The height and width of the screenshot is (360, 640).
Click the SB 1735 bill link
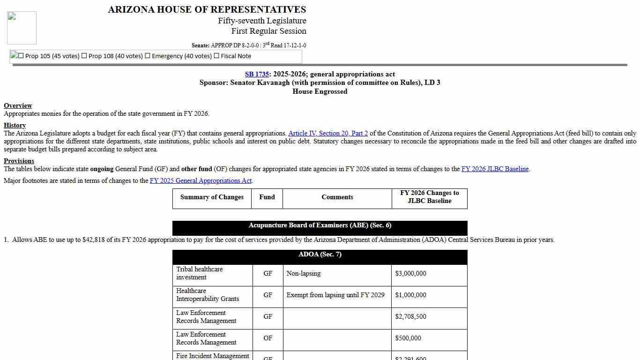(256, 74)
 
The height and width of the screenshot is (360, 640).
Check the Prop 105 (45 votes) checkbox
(21, 56)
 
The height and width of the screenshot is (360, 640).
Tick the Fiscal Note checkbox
(216, 56)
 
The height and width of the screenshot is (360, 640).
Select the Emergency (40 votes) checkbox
(148, 56)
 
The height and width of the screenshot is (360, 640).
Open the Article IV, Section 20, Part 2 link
(328, 133)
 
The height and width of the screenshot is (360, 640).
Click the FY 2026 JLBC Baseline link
(495, 169)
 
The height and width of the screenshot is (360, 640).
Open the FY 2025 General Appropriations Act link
(201, 180)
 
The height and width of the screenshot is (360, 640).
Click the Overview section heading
(18, 105)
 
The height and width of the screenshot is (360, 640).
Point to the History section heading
(15, 125)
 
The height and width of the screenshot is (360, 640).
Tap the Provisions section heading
(19, 161)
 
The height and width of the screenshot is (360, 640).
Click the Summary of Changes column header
(212, 197)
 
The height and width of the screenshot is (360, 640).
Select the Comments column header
(337, 197)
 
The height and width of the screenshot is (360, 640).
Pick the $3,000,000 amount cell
(410, 273)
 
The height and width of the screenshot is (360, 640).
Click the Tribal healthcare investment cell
(199, 273)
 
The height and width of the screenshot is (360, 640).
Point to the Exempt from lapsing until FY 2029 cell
(335, 295)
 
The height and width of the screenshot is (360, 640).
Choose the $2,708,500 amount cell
(410, 316)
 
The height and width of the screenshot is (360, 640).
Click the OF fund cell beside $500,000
(268, 338)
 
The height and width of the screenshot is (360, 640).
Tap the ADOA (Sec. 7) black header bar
(320, 255)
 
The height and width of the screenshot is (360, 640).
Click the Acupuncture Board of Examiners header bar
(320, 225)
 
